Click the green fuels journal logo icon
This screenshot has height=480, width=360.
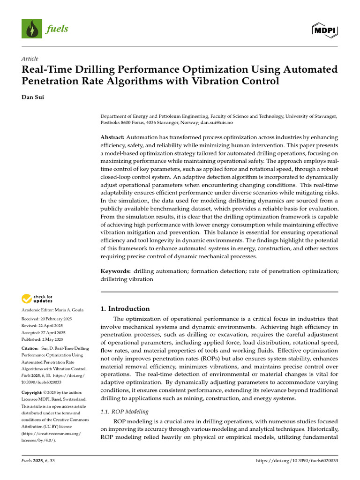(32, 29)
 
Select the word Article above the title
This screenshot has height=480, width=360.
(30, 59)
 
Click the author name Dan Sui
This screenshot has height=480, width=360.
(32, 97)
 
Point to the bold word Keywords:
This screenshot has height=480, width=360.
(116, 271)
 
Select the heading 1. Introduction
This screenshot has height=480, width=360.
(125, 308)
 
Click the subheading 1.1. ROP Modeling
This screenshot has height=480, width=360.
(125, 412)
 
